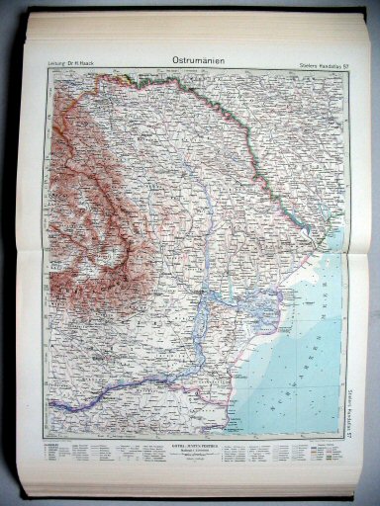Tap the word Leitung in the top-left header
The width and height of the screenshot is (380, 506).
click(x=57, y=65)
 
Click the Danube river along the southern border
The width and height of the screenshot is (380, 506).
click(x=148, y=379)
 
